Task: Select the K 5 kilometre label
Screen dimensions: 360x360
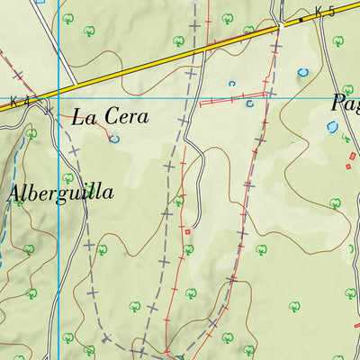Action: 325,13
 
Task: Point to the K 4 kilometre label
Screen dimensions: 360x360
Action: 20,102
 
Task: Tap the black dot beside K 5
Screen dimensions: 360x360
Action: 301,19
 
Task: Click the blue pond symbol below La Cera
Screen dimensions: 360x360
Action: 113,139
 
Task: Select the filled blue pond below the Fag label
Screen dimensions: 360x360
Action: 331,128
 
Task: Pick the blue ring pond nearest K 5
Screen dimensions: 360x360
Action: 303,72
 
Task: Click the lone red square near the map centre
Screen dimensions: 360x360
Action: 187,231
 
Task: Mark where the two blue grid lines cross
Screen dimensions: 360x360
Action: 58,94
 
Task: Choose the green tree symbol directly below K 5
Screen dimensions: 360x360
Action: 337,41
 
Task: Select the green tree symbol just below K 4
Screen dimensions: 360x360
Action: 31,134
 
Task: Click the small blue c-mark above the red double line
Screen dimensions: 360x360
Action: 231,84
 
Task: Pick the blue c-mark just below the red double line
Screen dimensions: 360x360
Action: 249,104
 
